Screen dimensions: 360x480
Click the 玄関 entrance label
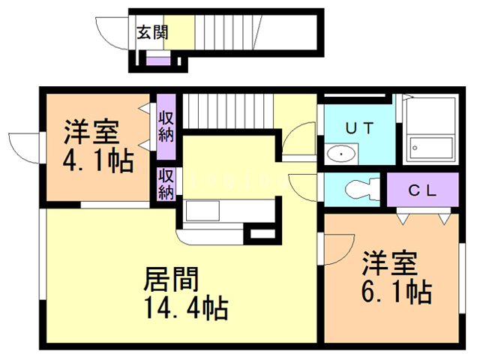tap(152, 31)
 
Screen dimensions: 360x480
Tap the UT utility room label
tap(359, 127)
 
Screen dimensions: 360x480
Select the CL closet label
tap(421, 190)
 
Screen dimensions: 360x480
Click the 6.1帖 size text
tap(397, 292)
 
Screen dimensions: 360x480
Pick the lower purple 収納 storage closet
tap(166, 184)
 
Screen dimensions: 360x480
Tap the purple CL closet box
tap(421, 190)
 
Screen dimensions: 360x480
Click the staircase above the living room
tap(228, 112)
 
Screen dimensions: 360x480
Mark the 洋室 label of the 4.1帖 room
tap(91, 132)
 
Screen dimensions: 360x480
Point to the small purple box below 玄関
tap(157, 61)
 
